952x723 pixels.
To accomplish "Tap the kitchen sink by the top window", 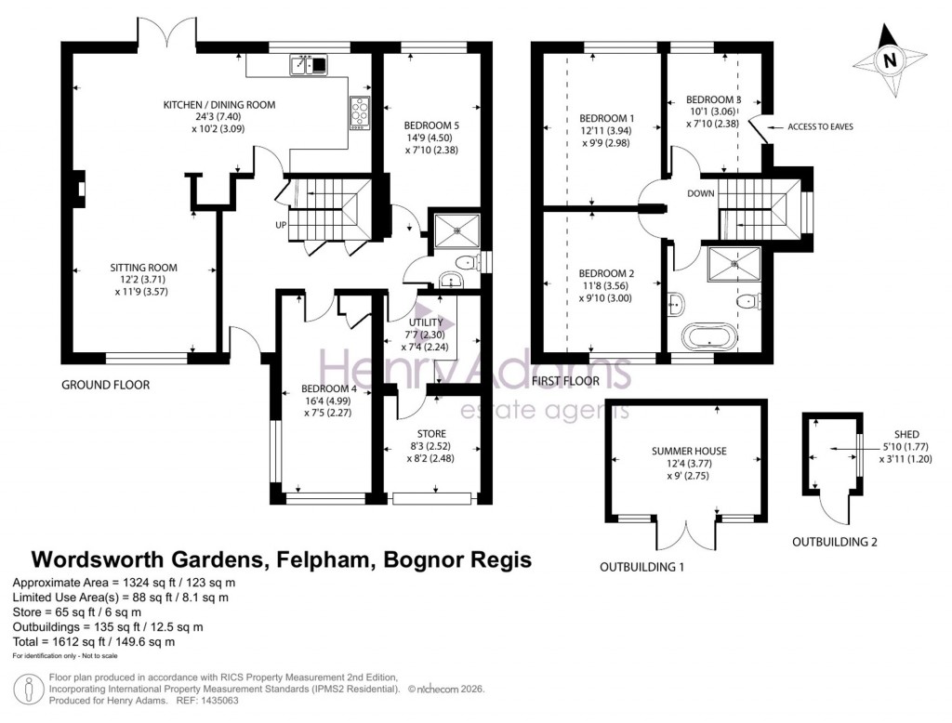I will pyautogui.click(x=309, y=64).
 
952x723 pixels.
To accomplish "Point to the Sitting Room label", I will pyautogui.click(x=144, y=268).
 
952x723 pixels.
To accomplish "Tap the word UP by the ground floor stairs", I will pyautogui.click(x=281, y=226).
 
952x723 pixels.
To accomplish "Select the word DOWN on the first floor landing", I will pyautogui.click(x=701, y=193).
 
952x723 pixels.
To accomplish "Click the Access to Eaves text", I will pyautogui.click(x=819, y=125).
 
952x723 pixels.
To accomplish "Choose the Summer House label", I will pyautogui.click(x=689, y=451).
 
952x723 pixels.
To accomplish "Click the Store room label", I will pyautogui.click(x=431, y=433).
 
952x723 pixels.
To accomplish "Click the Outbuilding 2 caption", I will pyautogui.click(x=834, y=542).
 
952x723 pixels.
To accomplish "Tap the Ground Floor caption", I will pyautogui.click(x=105, y=385).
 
